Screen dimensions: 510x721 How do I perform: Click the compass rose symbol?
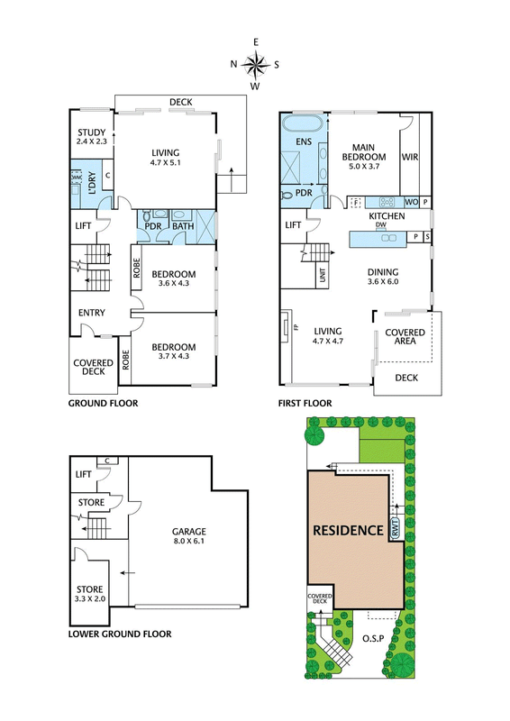tap(255, 64)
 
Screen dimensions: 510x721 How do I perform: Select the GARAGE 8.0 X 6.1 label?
tap(188, 535)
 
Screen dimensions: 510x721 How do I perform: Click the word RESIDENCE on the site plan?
tap(348, 530)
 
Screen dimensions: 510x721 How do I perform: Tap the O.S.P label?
tap(373, 639)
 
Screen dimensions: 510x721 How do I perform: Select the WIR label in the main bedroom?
tap(410, 157)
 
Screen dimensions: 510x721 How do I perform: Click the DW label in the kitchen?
tap(381, 224)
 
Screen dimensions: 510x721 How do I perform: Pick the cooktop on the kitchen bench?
tap(387, 202)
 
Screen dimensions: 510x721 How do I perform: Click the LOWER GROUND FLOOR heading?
tap(120, 634)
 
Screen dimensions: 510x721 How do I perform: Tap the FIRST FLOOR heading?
tap(305, 403)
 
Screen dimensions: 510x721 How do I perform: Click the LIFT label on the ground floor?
tap(83, 226)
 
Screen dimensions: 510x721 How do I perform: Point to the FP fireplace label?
tap(296, 327)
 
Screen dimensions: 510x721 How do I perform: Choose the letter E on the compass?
tap(256, 42)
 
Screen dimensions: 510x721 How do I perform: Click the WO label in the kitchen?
tap(412, 202)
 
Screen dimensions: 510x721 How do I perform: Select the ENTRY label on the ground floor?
tap(92, 313)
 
